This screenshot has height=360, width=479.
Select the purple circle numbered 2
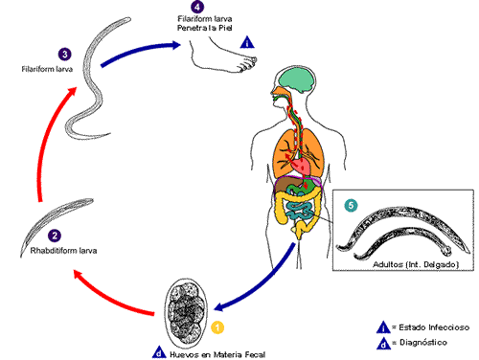[x=55, y=236]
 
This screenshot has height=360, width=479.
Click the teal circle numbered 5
[x=351, y=205]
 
